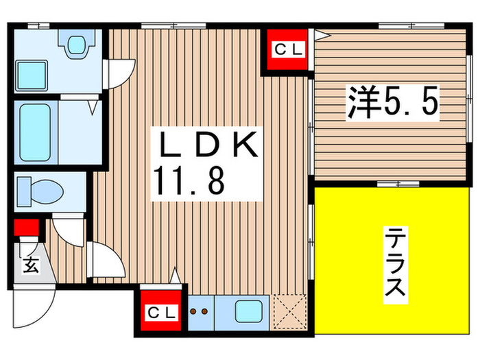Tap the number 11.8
click(187, 183)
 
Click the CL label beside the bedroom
click(287, 49)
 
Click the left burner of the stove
click(193, 312)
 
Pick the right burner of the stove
click(205, 312)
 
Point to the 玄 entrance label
click(30, 265)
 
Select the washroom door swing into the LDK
click(117, 73)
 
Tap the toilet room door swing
click(69, 230)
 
